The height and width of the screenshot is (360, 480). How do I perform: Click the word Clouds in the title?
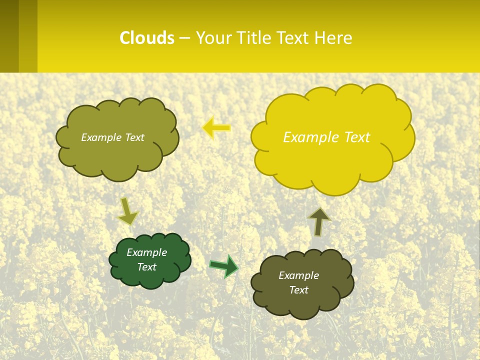pos(147,38)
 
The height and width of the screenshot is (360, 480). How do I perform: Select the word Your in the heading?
pos(213,38)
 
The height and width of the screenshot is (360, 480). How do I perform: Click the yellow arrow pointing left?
pos(216,127)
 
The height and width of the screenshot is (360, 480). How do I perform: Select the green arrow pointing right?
pos(223,266)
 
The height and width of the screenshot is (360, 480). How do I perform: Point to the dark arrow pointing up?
pos(318,221)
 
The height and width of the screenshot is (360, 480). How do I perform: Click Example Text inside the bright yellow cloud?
pos(326,137)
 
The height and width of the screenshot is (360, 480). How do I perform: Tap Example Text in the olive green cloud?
pos(112,137)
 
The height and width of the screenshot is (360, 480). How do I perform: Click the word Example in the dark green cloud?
pos(146,252)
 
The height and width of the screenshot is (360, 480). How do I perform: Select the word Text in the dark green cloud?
pos(146,267)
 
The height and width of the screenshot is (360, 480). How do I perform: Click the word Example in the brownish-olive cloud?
pos(298,275)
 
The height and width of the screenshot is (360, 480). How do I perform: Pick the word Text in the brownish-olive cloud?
pos(298,290)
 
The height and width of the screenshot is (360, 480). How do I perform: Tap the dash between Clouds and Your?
pos(184,38)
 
